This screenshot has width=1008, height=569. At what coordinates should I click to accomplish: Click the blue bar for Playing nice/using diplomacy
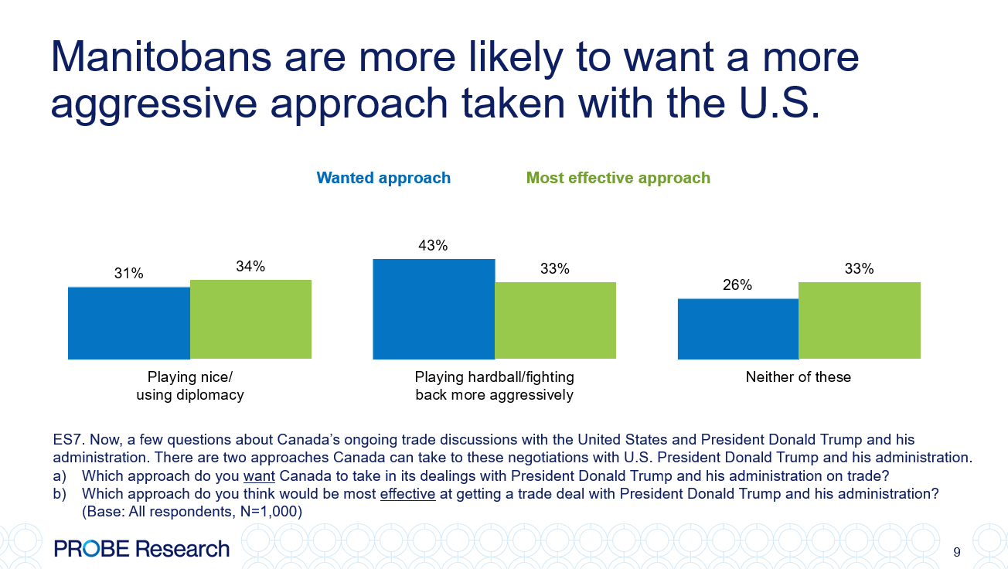point(129,323)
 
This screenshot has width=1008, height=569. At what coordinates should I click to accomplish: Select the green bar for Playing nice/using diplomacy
point(250,319)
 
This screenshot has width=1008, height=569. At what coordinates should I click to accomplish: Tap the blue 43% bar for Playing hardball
point(434,309)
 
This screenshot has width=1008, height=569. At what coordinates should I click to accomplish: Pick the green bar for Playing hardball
point(555,321)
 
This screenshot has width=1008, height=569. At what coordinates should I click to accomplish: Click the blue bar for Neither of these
point(738,329)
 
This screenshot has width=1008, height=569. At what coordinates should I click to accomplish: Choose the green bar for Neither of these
point(860,321)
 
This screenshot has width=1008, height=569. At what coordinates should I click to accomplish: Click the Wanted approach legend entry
point(383,178)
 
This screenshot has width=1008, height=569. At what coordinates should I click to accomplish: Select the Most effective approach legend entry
point(618,178)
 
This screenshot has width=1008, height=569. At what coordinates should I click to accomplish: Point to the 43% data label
point(433,246)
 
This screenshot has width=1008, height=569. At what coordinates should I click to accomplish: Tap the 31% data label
point(129,274)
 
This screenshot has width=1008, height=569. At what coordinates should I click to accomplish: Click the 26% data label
point(737,285)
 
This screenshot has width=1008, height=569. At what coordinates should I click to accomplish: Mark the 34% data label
point(250,267)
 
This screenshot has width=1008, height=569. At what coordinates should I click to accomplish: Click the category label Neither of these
point(798,377)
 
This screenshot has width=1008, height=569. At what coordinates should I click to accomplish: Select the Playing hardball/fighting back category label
point(494,386)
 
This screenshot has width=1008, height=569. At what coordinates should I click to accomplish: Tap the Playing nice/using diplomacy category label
point(190,386)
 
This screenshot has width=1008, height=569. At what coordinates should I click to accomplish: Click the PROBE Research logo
point(142,549)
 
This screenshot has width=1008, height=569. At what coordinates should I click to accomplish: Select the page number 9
point(957,552)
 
